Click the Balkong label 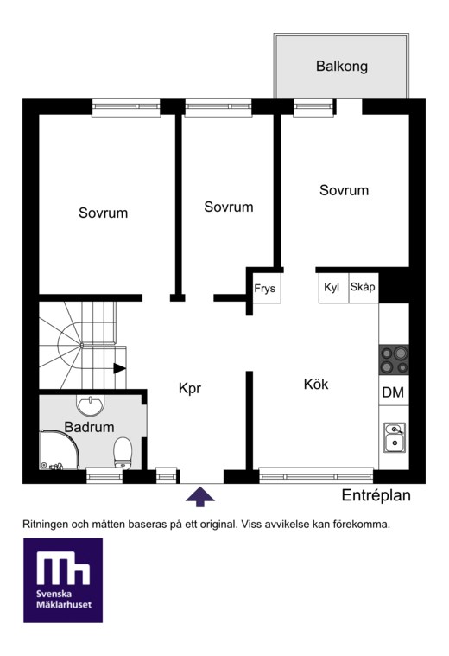(342, 67)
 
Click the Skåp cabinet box (364, 288)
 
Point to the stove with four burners (394, 360)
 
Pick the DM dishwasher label (393, 392)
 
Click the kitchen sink (395, 437)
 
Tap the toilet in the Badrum (123, 453)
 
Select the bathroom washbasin (90, 405)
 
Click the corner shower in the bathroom (59, 449)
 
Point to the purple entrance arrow (199, 497)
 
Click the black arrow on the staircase (119, 368)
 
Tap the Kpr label (190, 389)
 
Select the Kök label (316, 384)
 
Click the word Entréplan (376, 496)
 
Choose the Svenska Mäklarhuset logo (63, 580)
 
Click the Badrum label (89, 427)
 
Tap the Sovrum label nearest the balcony (344, 190)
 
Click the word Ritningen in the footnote (45, 525)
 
